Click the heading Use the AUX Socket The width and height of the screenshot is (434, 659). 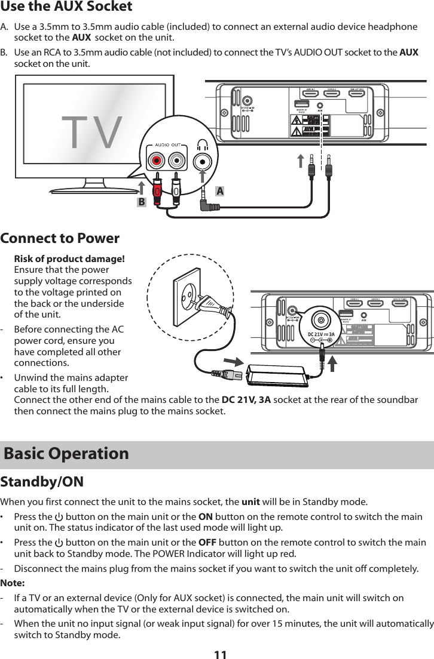tap(66, 7)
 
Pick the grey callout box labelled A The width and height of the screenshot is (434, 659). tap(221, 191)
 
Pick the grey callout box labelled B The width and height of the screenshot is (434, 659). tap(141, 202)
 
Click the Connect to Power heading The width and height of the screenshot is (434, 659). tap(60, 238)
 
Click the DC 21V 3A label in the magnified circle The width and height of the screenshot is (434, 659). tap(321, 333)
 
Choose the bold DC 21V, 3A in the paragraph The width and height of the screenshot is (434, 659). tap(247, 399)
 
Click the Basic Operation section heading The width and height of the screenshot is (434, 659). tap(66, 454)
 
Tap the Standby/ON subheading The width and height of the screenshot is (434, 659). tap(42, 482)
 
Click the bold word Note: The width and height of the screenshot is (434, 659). tap(13, 583)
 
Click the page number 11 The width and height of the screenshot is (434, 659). tap(220, 652)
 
